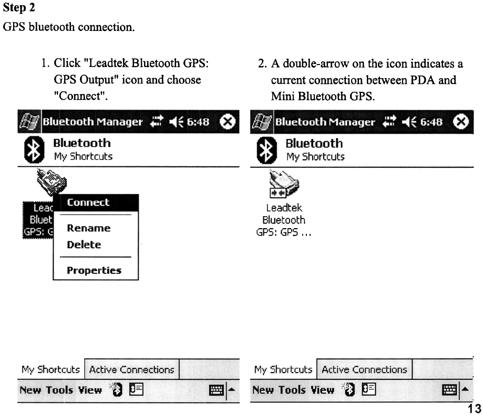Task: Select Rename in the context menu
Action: coord(88,228)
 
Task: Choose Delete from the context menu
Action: coord(84,244)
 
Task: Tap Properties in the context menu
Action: coord(94,271)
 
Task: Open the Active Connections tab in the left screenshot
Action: coord(131,369)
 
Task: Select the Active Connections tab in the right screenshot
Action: coord(364,369)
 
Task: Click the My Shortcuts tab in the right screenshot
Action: coord(283,369)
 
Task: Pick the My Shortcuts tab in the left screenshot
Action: coord(50,369)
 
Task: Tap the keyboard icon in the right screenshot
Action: coord(450,390)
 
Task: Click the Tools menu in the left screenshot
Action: coord(59,390)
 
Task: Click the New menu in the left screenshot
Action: coord(30,390)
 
